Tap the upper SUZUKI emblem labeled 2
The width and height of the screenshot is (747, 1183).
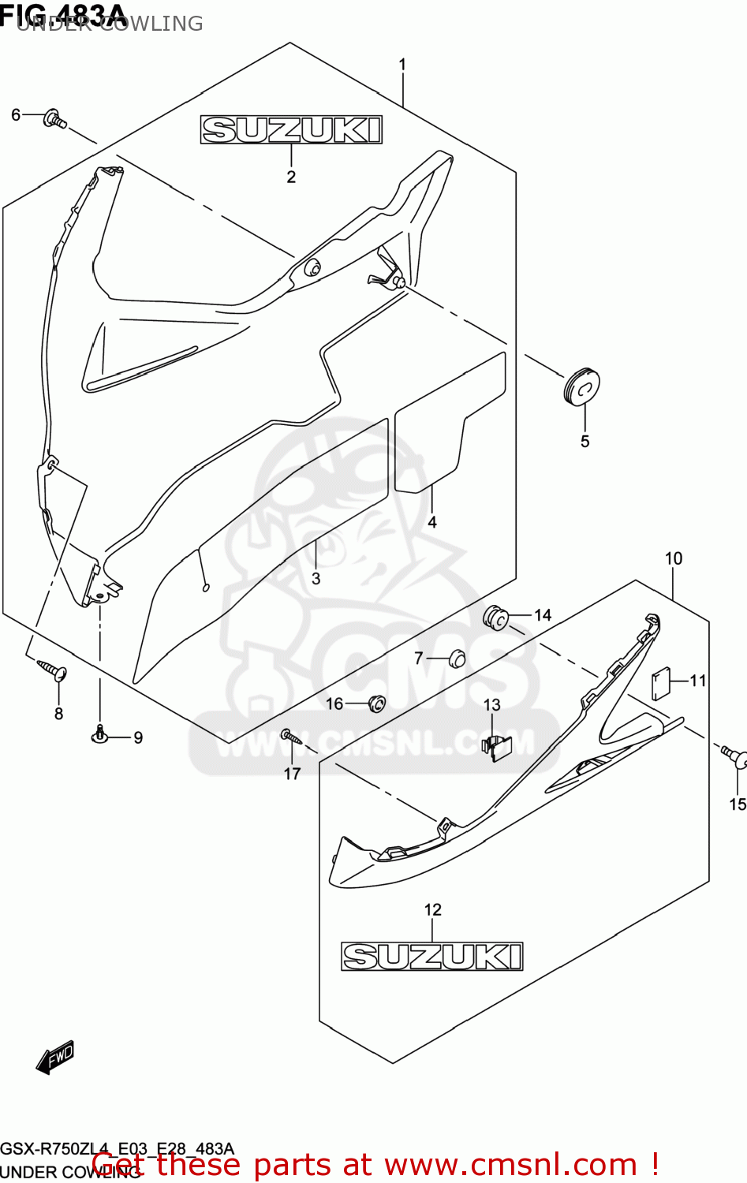(x=291, y=130)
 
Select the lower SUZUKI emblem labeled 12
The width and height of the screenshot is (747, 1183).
(x=431, y=956)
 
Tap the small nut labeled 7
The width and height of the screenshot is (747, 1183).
(x=457, y=658)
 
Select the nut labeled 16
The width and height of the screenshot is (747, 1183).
(x=376, y=703)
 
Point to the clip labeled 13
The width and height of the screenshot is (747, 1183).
(x=498, y=746)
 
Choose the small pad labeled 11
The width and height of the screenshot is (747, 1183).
(x=660, y=683)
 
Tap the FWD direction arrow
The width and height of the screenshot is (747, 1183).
(x=55, y=1057)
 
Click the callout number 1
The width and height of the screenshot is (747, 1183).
(x=402, y=65)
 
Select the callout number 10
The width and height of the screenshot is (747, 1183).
(x=673, y=558)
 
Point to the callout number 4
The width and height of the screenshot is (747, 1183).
(x=432, y=522)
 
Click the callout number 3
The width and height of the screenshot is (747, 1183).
(x=316, y=578)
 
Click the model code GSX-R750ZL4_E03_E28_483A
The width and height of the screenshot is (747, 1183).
(x=117, y=1148)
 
